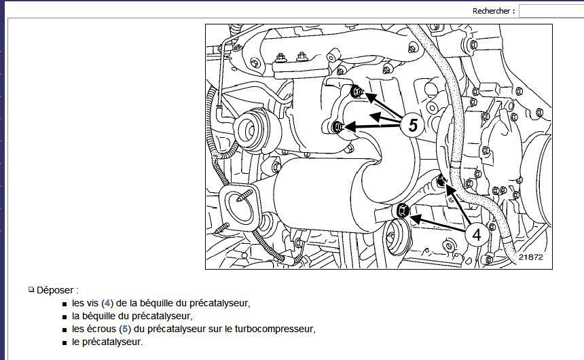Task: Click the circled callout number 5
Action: tap(413, 124)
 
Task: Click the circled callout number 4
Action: tap(476, 234)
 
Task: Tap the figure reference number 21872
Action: tap(531, 257)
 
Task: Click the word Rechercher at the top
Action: tap(491, 11)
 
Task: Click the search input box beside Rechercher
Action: tap(551, 11)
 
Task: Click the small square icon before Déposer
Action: tap(31, 289)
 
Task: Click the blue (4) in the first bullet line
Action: tap(107, 303)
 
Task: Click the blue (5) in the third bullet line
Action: tap(125, 329)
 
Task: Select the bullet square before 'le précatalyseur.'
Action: tap(65, 343)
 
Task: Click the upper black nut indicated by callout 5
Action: tap(357, 91)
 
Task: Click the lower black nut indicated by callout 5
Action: tap(337, 127)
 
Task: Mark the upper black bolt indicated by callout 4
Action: tap(441, 181)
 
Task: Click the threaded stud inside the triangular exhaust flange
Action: tap(244, 196)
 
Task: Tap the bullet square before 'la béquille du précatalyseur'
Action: tap(65, 317)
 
